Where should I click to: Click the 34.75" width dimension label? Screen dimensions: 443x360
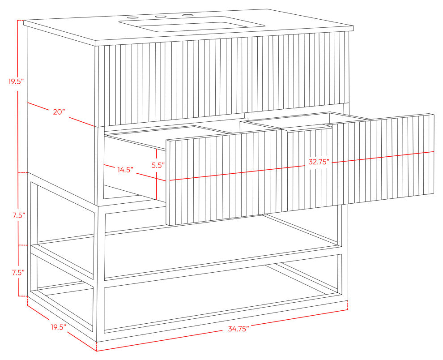239,329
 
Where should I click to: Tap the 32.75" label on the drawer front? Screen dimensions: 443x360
319,162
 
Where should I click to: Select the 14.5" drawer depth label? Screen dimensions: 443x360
125,170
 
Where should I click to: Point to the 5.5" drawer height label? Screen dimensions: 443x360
158,165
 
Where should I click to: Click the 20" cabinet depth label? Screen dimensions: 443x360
60,112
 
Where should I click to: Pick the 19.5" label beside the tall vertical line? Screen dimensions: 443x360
16,82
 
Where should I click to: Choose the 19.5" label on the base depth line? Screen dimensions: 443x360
59,327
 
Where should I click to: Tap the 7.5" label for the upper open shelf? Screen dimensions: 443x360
19,215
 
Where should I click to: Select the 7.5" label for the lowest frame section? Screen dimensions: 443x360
18,273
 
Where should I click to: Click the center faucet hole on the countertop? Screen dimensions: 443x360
160,17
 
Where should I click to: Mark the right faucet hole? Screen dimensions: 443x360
187,15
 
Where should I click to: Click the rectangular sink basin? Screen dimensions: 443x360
192,26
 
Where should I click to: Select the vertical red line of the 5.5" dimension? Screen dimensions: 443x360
156,175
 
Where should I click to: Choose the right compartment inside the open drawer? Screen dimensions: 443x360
305,120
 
